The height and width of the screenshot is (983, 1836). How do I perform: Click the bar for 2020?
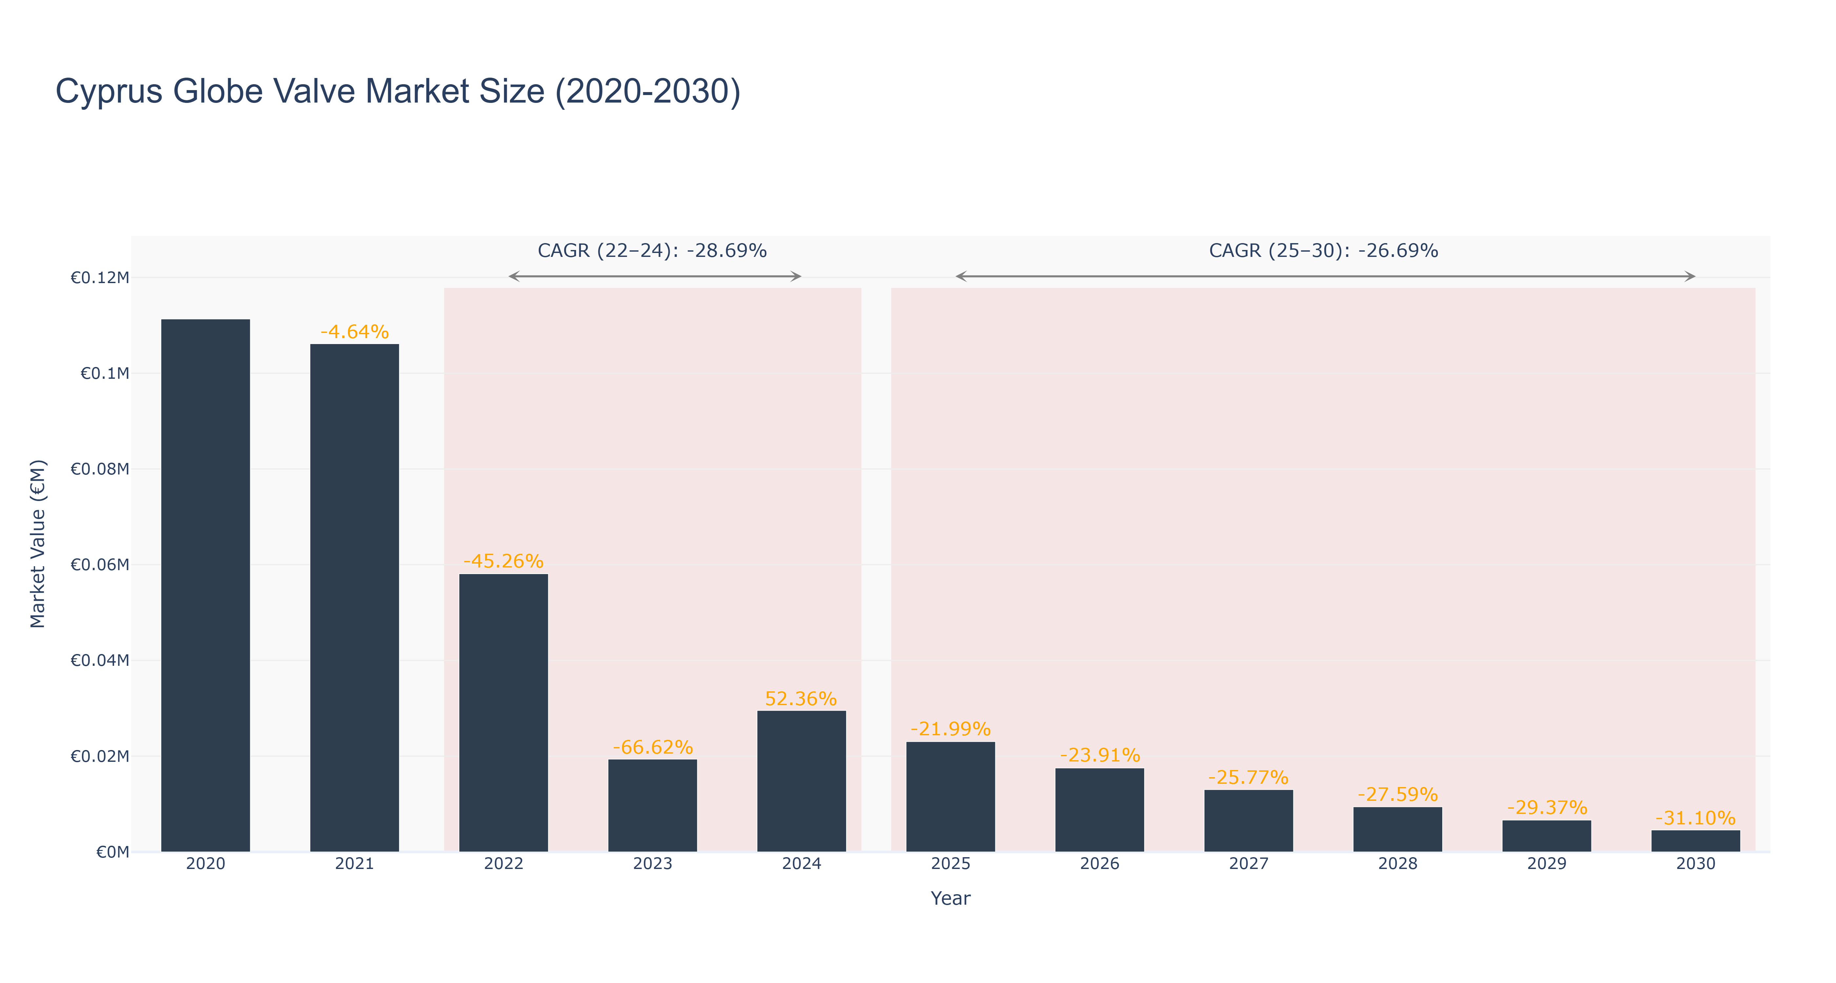[205, 586]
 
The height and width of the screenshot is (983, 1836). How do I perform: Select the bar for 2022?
[503, 713]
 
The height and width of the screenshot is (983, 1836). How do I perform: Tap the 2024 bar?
[801, 781]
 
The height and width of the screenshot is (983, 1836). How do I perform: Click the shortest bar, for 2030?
[1696, 841]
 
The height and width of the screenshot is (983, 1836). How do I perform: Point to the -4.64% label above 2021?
[354, 332]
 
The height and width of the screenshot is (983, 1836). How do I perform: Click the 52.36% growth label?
[801, 699]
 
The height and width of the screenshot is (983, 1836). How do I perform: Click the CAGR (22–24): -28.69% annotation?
[652, 251]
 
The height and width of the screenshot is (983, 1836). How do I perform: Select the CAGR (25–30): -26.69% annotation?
[1324, 251]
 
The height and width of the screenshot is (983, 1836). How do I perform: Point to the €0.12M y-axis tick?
[100, 278]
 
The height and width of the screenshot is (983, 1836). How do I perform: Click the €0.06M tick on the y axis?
[100, 565]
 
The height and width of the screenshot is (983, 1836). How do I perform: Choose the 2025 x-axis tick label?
[951, 864]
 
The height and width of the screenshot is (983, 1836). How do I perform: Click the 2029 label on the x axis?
[1547, 864]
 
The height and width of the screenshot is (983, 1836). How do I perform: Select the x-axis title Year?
[951, 898]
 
